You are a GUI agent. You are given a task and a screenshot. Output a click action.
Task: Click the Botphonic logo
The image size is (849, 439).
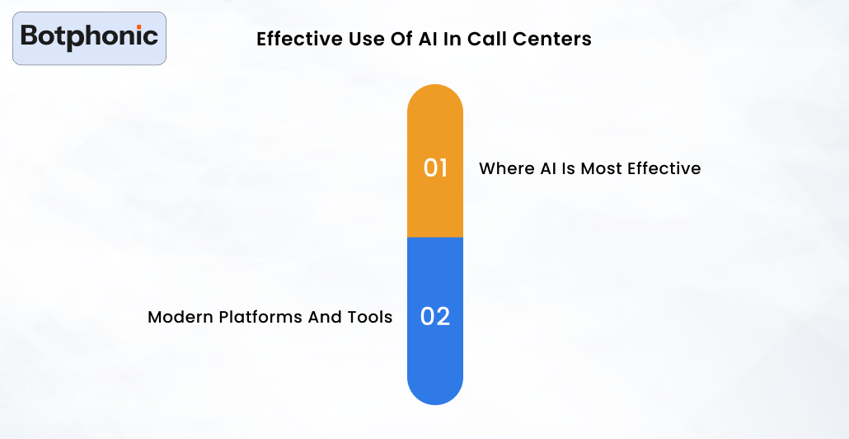(89, 38)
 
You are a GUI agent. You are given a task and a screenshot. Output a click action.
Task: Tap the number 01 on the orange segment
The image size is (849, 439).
(435, 168)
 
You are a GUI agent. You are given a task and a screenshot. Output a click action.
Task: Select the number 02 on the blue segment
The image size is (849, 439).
(435, 317)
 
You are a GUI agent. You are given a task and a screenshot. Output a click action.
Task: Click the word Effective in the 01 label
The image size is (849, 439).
(664, 168)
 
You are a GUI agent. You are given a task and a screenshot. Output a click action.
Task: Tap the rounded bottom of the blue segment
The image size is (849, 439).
(435, 392)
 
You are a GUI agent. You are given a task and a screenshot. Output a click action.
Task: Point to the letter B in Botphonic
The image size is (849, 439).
(30, 36)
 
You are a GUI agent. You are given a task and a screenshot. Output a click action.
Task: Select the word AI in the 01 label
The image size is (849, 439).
(549, 168)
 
